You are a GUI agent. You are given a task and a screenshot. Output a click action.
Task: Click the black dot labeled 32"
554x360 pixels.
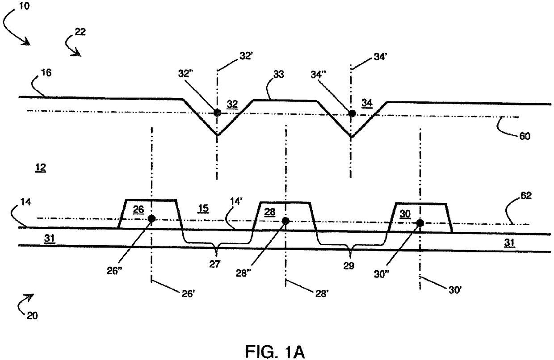point(218,112)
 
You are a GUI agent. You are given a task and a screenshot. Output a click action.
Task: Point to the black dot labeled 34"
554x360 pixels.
point(352,113)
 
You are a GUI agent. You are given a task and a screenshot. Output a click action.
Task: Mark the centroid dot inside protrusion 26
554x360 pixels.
point(152,218)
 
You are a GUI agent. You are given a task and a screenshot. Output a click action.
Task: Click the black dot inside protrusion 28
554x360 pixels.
point(285,221)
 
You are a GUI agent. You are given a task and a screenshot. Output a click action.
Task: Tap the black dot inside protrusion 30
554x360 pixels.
point(420,223)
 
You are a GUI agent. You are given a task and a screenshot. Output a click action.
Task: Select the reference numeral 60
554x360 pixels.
point(525,136)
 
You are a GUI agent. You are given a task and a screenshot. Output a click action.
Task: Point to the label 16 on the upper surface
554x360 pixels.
point(46,72)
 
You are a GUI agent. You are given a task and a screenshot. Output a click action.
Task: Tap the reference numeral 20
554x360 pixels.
point(32,315)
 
